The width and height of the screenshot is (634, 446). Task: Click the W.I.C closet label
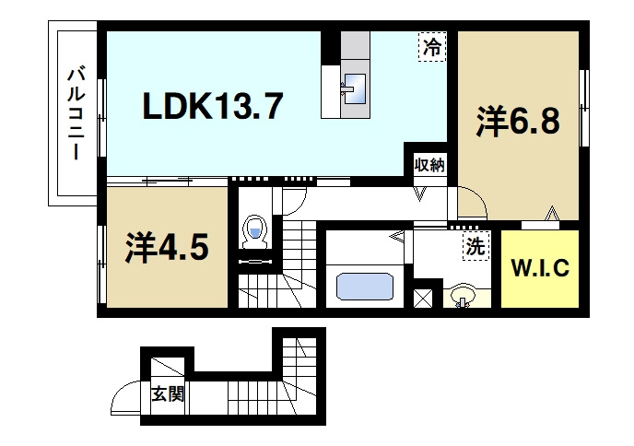pyautogui.click(x=540, y=270)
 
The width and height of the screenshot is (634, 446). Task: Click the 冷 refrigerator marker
pyautogui.click(x=431, y=47)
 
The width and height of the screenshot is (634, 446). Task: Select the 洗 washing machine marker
pyautogui.click(x=473, y=247)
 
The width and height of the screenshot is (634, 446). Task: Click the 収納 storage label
pyautogui.click(x=429, y=166)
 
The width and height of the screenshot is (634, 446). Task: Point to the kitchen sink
pyautogui.click(x=354, y=88)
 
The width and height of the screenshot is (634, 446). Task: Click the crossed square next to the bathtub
pyautogui.click(x=424, y=299)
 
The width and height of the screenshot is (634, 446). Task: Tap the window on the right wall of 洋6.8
pyautogui.click(x=583, y=107)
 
